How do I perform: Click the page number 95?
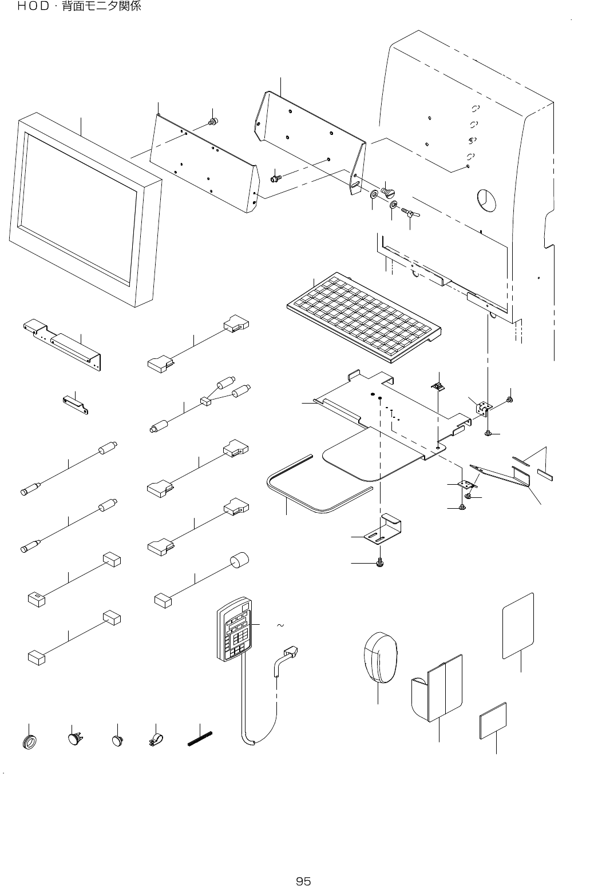click(x=303, y=881)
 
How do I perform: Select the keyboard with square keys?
click(x=364, y=317)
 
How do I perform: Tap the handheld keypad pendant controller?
click(x=235, y=629)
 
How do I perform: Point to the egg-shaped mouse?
click(x=381, y=657)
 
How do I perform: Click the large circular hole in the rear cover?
click(x=486, y=200)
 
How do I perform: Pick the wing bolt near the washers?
click(x=410, y=213)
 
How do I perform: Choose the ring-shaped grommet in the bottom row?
click(x=29, y=742)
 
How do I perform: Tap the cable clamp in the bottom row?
click(x=156, y=740)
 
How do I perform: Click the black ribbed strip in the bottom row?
click(x=200, y=739)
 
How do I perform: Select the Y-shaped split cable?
click(x=200, y=405)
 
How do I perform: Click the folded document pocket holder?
click(x=437, y=688)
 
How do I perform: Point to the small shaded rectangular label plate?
click(x=493, y=720)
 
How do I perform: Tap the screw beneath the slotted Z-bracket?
click(x=379, y=562)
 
